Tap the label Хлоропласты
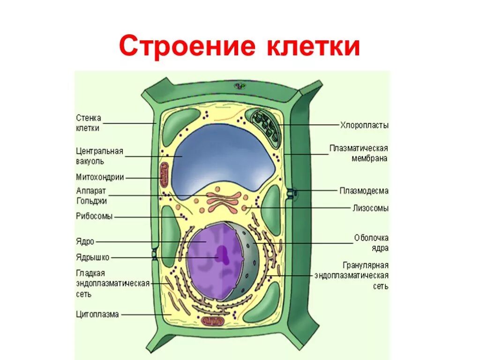pos(364,125)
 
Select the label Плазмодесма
pos(364,191)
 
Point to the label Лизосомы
pos(370,208)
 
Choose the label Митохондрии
pos(100,177)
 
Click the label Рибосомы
pos(94,217)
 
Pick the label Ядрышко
pos(92,257)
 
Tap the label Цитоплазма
pos(97,315)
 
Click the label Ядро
pos(85,241)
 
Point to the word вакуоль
pos(90,161)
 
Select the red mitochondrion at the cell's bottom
pos(214,321)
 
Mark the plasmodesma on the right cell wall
pos(293,192)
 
